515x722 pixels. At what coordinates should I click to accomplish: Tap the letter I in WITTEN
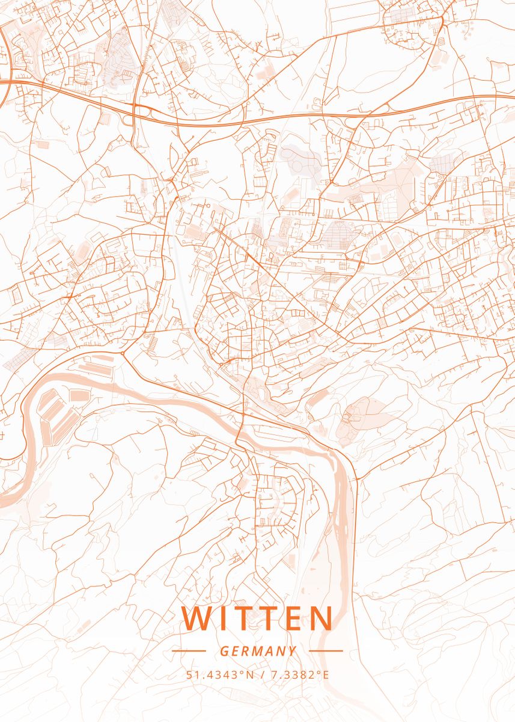point(222,619)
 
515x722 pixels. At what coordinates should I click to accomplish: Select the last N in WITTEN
point(320,619)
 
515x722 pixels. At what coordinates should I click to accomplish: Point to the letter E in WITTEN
point(290,619)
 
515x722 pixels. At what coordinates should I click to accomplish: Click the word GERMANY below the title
point(258,651)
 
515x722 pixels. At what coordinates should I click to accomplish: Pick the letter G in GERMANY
point(224,651)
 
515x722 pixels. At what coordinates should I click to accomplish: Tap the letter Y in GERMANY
point(292,651)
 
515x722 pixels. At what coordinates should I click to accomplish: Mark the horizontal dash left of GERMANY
point(189,650)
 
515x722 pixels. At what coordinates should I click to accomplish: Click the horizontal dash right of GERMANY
point(326,650)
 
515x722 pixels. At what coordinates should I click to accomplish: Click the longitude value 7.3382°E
point(299,674)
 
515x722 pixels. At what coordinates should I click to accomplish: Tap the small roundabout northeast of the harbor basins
point(123,354)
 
